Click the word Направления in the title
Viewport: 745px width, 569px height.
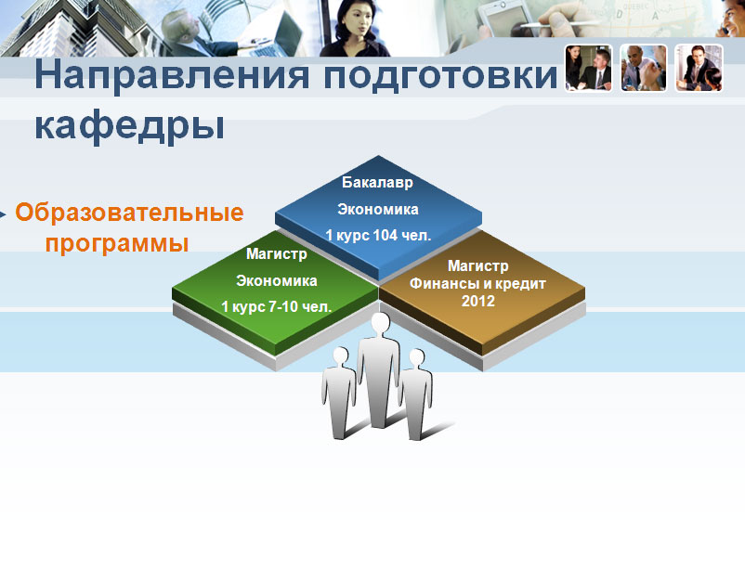pos(172,76)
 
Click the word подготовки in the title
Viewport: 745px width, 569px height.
pos(440,76)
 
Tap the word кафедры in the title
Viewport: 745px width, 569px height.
pos(130,126)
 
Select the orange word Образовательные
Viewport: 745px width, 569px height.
pos(129,212)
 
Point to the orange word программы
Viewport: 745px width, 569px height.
pos(117,243)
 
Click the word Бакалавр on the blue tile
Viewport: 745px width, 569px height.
pos(378,183)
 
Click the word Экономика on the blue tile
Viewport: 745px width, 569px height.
pos(378,210)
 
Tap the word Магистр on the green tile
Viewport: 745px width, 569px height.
pos(277,254)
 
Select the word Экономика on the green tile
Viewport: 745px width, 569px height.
pos(277,280)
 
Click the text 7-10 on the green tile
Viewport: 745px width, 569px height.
pos(283,307)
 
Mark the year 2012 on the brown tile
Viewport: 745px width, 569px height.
pos(478,301)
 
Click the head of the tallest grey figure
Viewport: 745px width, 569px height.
pos(380,323)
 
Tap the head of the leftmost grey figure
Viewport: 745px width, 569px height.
pos(341,356)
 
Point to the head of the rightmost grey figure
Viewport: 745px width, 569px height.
pos(417,358)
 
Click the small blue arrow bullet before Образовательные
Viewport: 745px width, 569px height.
pos(3,214)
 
